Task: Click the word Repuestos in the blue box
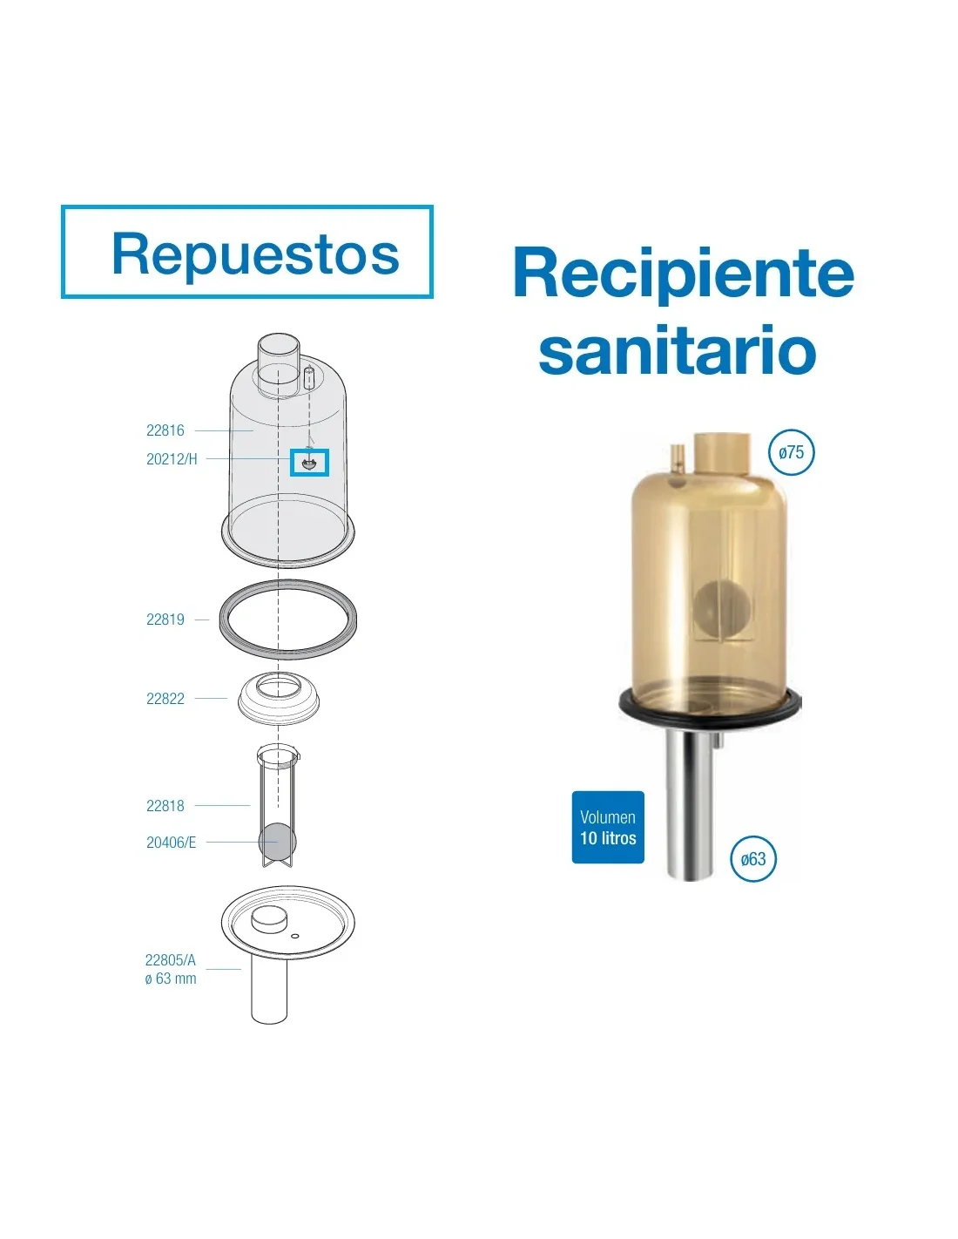click(255, 254)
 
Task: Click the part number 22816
click(165, 430)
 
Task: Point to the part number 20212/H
click(172, 459)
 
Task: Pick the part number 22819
click(165, 619)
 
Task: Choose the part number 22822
click(165, 699)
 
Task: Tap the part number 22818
click(165, 806)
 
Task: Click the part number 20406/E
click(171, 843)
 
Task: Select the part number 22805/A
click(171, 960)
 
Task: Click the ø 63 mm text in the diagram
click(171, 978)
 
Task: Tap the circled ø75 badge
click(791, 452)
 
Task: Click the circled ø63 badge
click(752, 859)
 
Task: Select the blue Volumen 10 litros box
click(608, 828)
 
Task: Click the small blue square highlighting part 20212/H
click(309, 463)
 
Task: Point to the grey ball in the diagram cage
click(278, 841)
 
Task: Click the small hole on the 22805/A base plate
click(294, 936)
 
